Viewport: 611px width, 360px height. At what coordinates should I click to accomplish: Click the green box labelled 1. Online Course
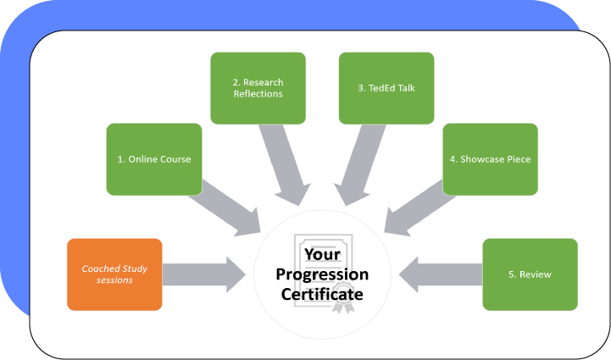point(154,159)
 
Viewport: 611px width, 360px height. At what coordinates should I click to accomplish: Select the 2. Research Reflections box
point(258,88)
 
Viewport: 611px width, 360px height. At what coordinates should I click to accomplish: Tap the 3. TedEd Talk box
point(386,88)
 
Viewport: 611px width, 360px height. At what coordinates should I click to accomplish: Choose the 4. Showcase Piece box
point(490,159)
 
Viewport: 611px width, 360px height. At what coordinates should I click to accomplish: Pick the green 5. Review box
point(530,274)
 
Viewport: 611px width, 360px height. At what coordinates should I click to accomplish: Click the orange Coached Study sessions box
point(114,274)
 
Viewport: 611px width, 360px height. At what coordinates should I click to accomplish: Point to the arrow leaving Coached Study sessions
point(203,274)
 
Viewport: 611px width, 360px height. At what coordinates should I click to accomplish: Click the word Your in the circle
point(323,254)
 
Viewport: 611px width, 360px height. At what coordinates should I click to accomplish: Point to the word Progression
point(323,274)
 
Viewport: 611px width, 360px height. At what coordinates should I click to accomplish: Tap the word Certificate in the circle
point(323,294)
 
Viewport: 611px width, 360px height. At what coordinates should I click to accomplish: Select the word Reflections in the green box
point(258,94)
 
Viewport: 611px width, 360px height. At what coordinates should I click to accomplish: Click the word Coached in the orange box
point(101,269)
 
